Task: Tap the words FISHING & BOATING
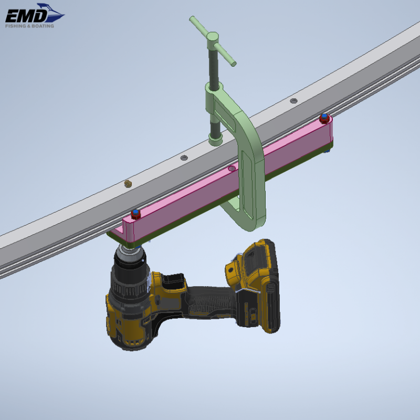coord(29,25)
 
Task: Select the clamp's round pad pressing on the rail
coord(215,139)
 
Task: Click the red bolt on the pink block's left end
coord(135,214)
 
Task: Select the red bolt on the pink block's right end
coord(324,117)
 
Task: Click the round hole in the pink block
coord(232,169)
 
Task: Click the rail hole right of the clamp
coord(293,100)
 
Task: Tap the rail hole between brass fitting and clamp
coord(184,157)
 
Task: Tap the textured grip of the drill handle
coord(210,302)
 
